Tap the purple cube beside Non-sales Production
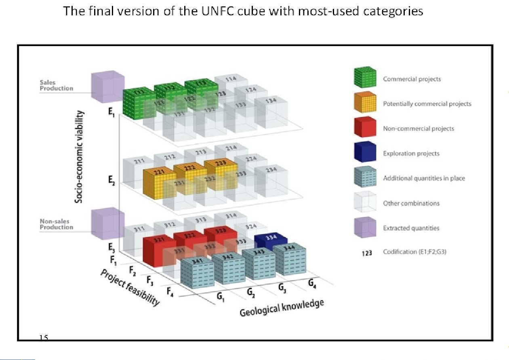[107, 223]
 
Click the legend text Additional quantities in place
[424, 178]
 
